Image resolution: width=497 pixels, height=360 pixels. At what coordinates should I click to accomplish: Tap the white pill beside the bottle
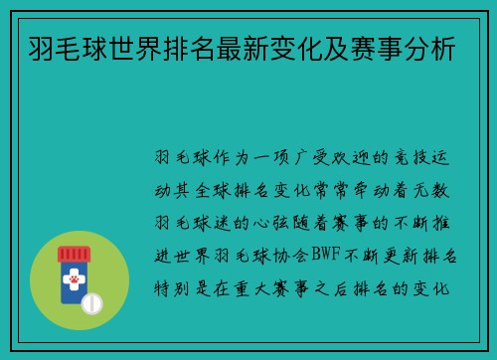[x=93, y=302]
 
